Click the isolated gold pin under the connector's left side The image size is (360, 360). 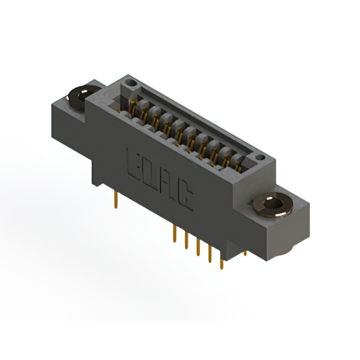[x=116, y=200]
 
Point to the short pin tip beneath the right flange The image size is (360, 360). [x=245, y=253]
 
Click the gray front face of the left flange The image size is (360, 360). [x=67, y=121]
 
